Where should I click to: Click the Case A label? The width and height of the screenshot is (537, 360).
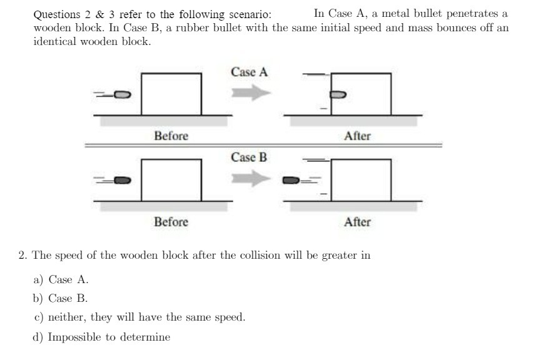pyautogui.click(x=249, y=72)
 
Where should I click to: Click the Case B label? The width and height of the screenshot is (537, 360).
pyautogui.click(x=249, y=157)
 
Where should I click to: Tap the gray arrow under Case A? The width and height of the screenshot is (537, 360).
pyautogui.click(x=251, y=94)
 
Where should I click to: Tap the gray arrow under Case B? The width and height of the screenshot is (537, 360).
pyautogui.click(x=251, y=179)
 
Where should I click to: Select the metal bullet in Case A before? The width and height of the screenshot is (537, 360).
pyautogui.click(x=123, y=95)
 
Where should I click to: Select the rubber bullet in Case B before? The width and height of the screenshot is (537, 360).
pyautogui.click(x=123, y=181)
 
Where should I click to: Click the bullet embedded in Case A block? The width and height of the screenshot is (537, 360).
pyautogui.click(x=337, y=95)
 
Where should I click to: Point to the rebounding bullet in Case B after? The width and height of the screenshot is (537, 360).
pyautogui.click(x=292, y=181)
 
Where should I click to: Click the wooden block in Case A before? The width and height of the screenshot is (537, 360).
pyautogui.click(x=171, y=94)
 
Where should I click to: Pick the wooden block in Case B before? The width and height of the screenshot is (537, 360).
pyautogui.click(x=171, y=180)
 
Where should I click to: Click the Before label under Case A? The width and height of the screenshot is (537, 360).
pyautogui.click(x=171, y=136)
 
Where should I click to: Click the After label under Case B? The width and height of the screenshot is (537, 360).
pyautogui.click(x=357, y=222)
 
